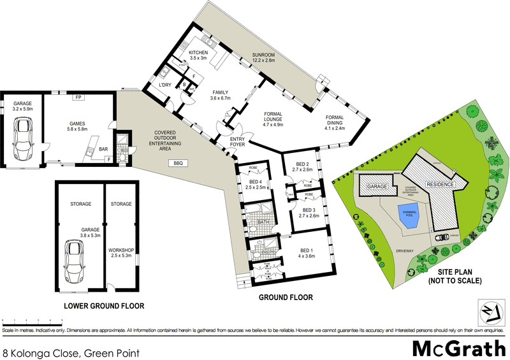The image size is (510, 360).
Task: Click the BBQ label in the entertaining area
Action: [x=178, y=164]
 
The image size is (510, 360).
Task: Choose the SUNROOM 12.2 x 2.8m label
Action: [x=262, y=57]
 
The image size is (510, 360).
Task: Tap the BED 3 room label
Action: [x=310, y=213]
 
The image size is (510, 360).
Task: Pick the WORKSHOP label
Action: [x=121, y=252]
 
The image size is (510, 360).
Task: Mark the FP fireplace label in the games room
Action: [x=78, y=97]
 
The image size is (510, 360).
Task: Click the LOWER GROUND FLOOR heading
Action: [x=103, y=306]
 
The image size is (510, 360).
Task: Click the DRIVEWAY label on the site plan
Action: [x=404, y=251]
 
